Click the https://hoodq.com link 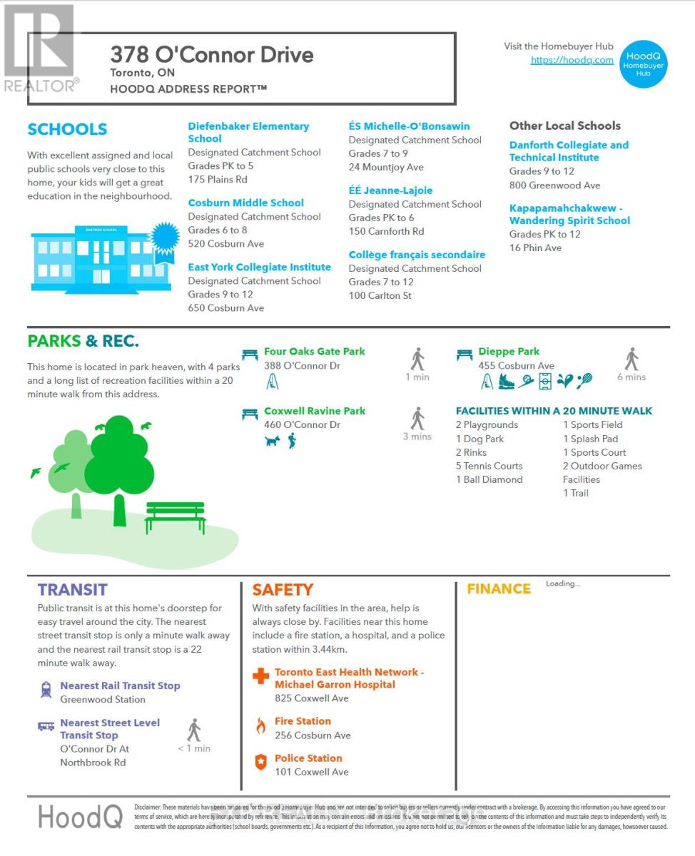(572, 60)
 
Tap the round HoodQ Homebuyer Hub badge (644, 64)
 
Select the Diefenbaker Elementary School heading (248, 132)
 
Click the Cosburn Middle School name (245, 203)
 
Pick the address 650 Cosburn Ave (225, 307)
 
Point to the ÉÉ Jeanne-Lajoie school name (390, 190)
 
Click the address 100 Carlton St (380, 295)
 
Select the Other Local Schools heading (564, 126)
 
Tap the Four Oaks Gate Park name (314, 351)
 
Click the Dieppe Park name (509, 351)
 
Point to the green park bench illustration (175, 517)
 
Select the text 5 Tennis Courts (489, 466)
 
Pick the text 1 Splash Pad (590, 439)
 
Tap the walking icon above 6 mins (631, 359)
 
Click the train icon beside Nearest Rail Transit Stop (46, 689)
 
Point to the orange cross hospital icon (261, 675)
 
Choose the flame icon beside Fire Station (260, 726)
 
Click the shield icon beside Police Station (260, 762)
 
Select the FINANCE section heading (499, 588)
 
